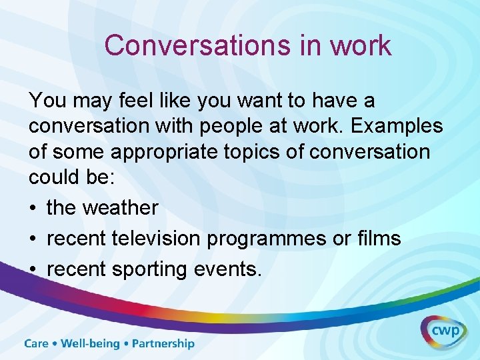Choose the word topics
(x=262, y=152)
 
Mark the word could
(x=55, y=177)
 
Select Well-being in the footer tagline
(x=90, y=344)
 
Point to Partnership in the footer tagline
(x=163, y=344)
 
